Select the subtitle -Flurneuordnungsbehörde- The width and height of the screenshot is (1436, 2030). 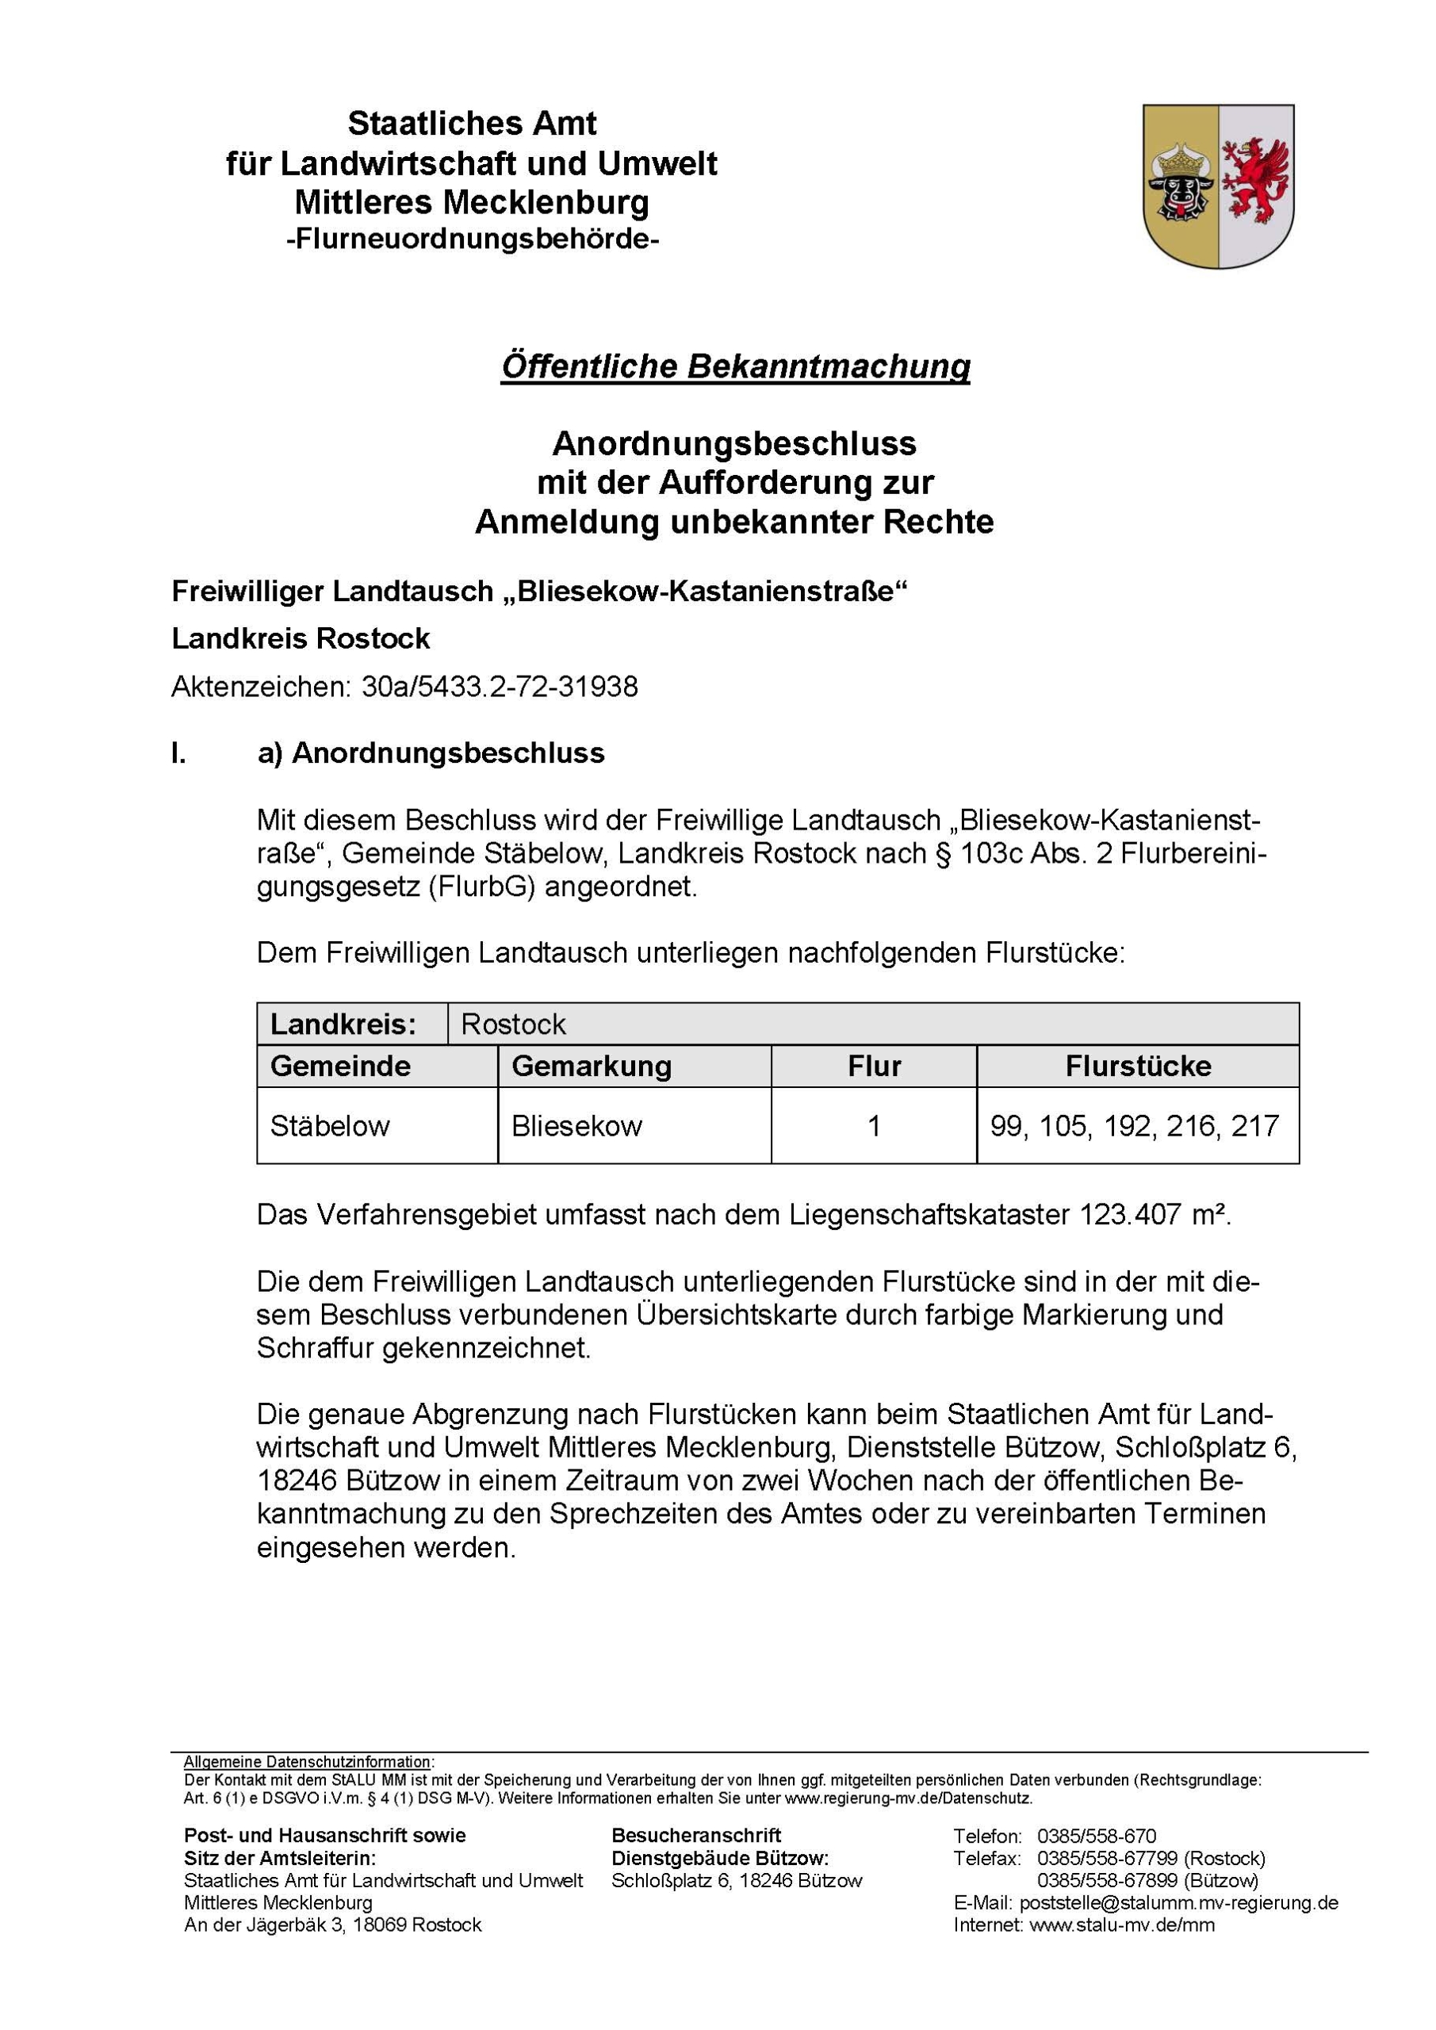472,239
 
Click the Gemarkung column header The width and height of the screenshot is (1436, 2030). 591,1066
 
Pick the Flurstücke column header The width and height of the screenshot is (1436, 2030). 1137,1066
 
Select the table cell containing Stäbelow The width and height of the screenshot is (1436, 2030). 330,1125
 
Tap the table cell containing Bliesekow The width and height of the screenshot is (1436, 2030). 576,1125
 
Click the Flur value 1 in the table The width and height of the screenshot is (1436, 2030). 874,1125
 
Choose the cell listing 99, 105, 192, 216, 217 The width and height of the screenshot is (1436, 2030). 1135,1125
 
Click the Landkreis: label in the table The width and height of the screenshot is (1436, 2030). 343,1024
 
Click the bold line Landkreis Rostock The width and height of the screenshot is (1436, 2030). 301,638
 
